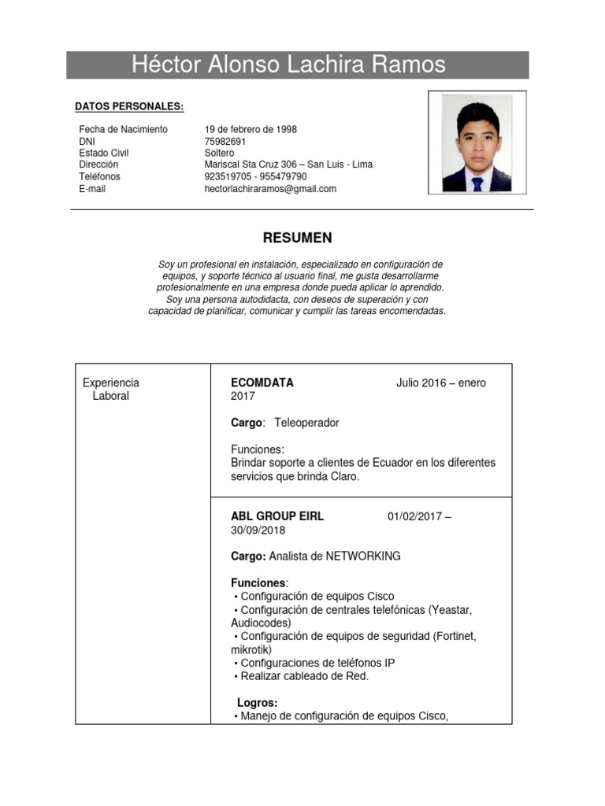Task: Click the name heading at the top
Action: (x=288, y=65)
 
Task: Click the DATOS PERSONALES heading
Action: (x=129, y=106)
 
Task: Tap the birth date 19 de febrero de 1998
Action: (x=251, y=129)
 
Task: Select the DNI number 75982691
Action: (x=225, y=141)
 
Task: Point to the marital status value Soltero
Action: (x=219, y=153)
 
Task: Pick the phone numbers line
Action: (x=255, y=176)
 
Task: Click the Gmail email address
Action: (x=270, y=189)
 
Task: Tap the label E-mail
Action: (x=92, y=189)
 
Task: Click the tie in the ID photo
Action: (x=477, y=184)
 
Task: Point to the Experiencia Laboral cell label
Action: (x=110, y=390)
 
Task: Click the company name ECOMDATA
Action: (x=262, y=383)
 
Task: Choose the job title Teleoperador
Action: (x=306, y=423)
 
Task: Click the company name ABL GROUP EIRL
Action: (x=277, y=516)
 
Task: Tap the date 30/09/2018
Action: (x=258, y=530)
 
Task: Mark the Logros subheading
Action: (x=257, y=703)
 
